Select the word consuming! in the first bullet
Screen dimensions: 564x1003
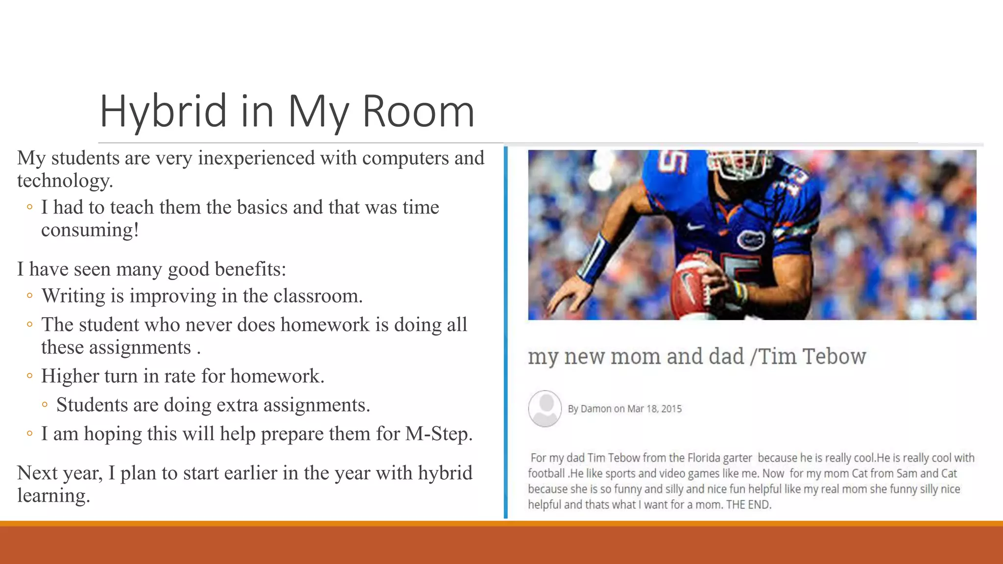pyautogui.click(x=90, y=230)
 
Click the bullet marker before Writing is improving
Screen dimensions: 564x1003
pyautogui.click(x=30, y=296)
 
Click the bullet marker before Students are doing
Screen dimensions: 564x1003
pyautogui.click(x=45, y=405)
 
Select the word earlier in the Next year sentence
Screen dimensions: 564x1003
pyautogui.click(x=246, y=473)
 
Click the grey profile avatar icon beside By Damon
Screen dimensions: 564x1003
pyautogui.click(x=545, y=408)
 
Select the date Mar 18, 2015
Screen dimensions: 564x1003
pyautogui.click(x=654, y=409)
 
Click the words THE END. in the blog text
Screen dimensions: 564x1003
pyautogui.click(x=748, y=505)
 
